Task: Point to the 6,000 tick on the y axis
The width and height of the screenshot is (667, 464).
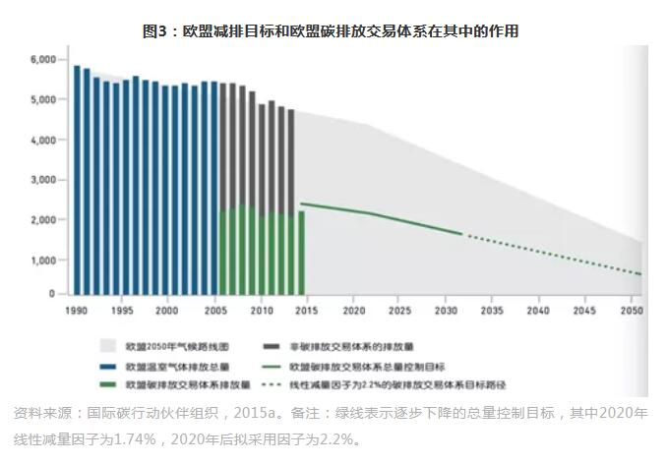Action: [x=43, y=60]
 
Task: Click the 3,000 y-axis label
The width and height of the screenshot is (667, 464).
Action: [x=43, y=180]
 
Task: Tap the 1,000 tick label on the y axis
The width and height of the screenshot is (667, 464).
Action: [x=43, y=261]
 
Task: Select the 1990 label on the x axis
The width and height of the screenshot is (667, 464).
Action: [x=76, y=310]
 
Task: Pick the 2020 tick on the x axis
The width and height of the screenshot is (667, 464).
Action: [x=353, y=310]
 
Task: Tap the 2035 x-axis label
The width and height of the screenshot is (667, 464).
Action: [x=492, y=310]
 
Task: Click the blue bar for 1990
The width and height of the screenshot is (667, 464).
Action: [x=77, y=177]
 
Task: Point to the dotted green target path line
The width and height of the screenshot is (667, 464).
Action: [x=551, y=255]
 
